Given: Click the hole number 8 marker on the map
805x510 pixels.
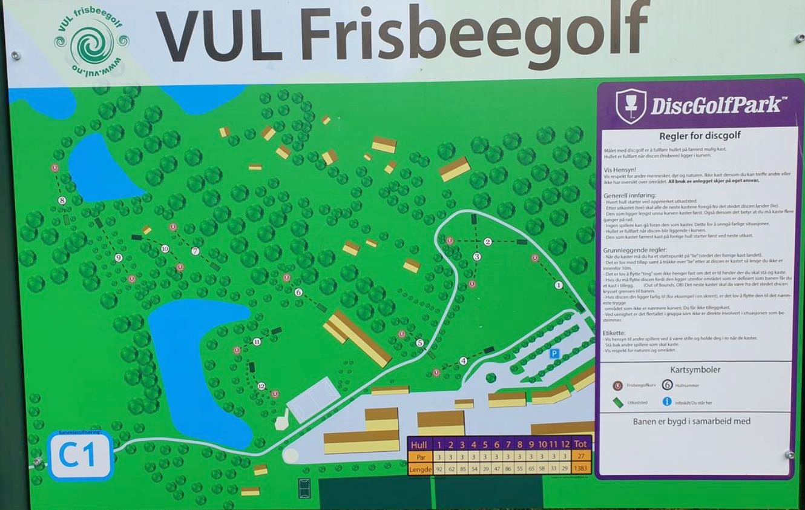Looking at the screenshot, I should tap(62, 200).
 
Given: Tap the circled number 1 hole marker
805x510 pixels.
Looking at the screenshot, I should tap(559, 285).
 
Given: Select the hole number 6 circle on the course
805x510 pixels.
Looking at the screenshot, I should tap(298, 292).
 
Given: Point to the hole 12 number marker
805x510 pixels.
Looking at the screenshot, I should tap(261, 386).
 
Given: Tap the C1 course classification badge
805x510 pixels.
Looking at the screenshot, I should tap(80, 455).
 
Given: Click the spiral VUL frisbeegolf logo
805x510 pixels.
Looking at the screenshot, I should tap(91, 42).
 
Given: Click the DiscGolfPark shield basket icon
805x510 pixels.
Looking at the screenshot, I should tap(631, 106).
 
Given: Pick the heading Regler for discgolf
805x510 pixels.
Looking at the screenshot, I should tap(700, 136).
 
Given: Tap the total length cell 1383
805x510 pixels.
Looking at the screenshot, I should tap(580, 469).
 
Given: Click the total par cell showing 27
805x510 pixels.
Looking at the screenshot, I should tap(580, 457).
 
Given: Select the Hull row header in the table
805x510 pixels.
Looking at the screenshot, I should tap(419, 445).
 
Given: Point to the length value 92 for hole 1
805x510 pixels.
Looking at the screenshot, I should tap(439, 469).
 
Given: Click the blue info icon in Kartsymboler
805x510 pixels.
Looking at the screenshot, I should tap(667, 401).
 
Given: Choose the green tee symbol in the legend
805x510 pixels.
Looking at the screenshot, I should tap(618, 402).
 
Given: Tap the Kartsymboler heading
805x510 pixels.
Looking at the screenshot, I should tap(695, 369).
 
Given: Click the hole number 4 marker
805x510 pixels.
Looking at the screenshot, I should tap(464, 360).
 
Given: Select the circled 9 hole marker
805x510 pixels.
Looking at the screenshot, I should tap(119, 257).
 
